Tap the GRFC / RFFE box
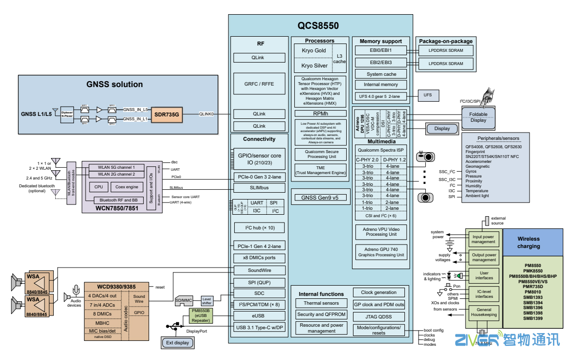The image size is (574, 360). click(259, 84)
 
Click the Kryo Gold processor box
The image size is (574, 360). click(313, 51)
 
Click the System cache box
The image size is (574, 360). click(381, 74)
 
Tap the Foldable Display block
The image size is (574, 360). click(478, 117)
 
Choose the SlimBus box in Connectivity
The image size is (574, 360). click(259, 188)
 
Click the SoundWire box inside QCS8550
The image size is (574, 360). click(259, 270)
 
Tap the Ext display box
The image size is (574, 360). click(177, 343)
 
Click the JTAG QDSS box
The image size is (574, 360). click(379, 316)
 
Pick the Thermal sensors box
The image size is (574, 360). click(321, 303)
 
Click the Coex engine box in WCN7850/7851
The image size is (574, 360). click(127, 186)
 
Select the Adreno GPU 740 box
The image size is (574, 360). click(380, 252)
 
